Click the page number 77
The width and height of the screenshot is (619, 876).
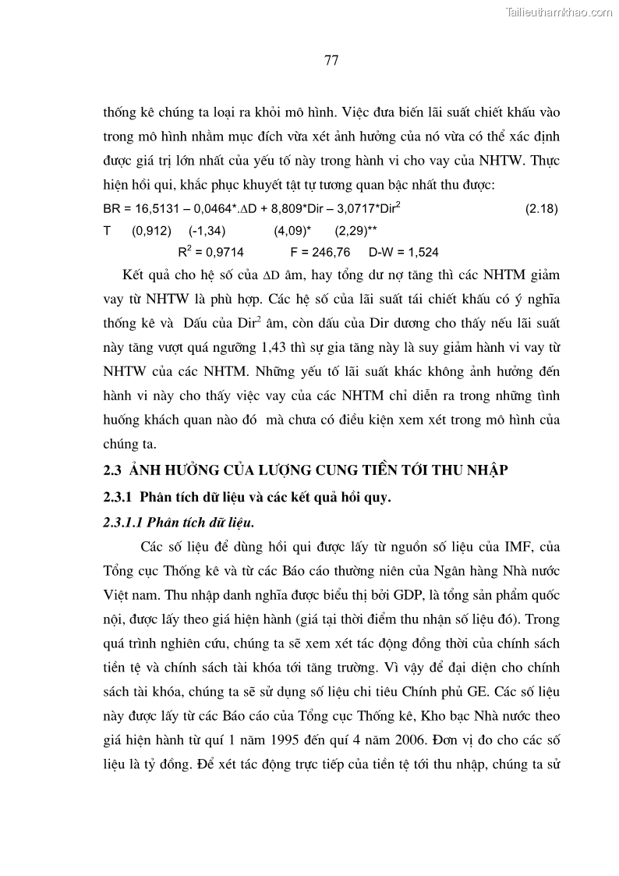click(331, 62)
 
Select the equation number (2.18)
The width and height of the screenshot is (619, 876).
click(542, 209)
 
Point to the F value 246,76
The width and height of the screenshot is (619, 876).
click(331, 252)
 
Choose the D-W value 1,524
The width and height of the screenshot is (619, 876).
click(423, 252)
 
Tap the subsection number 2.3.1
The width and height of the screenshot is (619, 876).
click(118, 496)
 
